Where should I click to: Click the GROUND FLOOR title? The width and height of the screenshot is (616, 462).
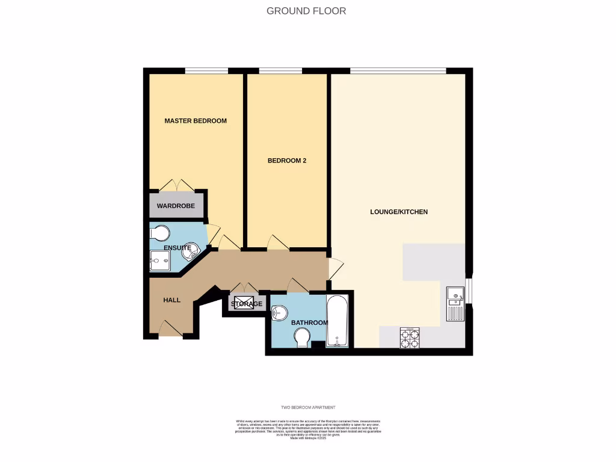click(x=306, y=11)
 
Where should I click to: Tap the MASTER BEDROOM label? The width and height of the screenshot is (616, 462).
click(x=196, y=121)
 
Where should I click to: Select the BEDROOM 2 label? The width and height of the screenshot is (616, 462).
click(x=287, y=161)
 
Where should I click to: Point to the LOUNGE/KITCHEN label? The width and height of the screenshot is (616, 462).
click(x=399, y=212)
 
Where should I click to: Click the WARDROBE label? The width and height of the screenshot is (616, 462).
click(x=176, y=206)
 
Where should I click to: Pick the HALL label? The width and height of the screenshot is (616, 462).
click(x=172, y=300)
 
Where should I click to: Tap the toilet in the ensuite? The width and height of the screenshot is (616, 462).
click(x=159, y=233)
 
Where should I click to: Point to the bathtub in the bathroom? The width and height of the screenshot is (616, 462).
click(x=337, y=321)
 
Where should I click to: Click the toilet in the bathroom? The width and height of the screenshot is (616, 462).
click(x=302, y=341)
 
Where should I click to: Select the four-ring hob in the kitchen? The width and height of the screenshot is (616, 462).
click(x=410, y=338)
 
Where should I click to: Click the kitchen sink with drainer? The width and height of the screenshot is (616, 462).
click(x=455, y=304)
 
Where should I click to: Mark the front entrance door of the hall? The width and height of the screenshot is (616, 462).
click(x=170, y=329)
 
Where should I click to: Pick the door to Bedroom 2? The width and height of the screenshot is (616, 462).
click(x=278, y=242)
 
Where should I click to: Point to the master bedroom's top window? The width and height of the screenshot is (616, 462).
click(x=206, y=71)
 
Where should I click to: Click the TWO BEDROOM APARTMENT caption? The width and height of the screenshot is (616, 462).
click(x=307, y=407)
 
